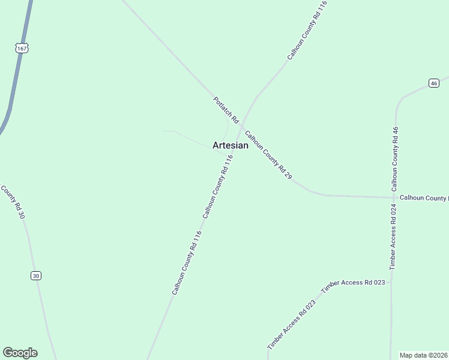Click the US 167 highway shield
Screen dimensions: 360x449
22,47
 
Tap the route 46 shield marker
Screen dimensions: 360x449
433,83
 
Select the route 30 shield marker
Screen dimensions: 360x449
36,275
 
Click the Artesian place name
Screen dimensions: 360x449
231,145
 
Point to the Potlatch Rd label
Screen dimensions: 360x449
226,110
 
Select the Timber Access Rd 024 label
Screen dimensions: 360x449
394,236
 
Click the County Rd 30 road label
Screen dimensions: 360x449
13,202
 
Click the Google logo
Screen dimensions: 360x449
20,353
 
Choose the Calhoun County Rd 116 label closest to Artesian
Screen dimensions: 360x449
217,186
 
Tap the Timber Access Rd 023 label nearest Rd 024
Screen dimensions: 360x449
353,286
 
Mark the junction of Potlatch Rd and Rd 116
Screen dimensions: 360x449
241,127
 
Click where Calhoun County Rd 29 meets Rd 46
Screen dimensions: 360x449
394,197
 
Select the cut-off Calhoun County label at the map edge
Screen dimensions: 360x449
424,198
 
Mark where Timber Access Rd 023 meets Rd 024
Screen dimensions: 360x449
391,281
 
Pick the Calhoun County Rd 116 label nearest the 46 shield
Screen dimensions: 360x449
307,30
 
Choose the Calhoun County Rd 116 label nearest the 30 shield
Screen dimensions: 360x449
186,262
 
